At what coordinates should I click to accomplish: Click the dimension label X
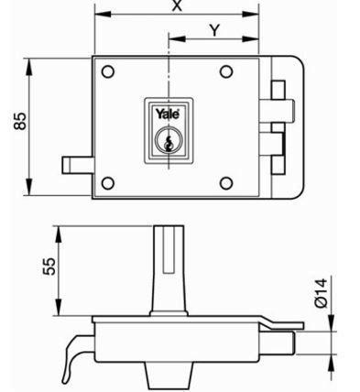point(177,5)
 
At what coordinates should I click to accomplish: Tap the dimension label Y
point(214,30)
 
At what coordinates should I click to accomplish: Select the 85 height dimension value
point(21,121)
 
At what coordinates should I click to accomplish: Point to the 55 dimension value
point(49,267)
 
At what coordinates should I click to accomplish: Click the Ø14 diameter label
point(321,292)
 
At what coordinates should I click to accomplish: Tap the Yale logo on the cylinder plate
point(168,114)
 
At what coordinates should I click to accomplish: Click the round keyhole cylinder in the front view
point(169,139)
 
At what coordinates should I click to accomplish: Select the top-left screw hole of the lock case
point(108,71)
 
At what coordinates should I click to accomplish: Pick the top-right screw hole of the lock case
point(226,71)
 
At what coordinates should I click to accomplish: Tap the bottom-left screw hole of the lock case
point(108,183)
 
